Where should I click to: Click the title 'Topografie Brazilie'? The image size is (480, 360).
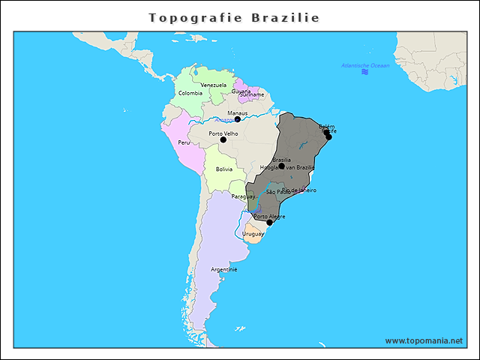(x=234, y=17)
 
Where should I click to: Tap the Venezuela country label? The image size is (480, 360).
(x=213, y=85)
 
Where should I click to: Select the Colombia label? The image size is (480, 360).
(x=190, y=93)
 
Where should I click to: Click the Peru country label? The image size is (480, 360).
(x=184, y=142)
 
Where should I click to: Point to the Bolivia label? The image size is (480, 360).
(x=224, y=169)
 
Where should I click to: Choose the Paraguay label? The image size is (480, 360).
(x=243, y=196)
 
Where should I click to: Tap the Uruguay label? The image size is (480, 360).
(x=253, y=233)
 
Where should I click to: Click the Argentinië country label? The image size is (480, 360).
(x=224, y=268)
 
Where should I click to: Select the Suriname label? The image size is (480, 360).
(x=252, y=95)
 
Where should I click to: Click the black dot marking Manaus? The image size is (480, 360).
(x=238, y=119)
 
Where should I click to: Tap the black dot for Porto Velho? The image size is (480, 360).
(x=223, y=139)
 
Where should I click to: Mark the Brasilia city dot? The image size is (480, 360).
(x=281, y=166)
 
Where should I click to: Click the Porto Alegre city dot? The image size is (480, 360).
(x=270, y=222)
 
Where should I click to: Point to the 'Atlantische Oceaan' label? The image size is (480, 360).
(x=365, y=65)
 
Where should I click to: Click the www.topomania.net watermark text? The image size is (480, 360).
(x=424, y=340)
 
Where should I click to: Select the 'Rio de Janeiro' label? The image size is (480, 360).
(x=298, y=190)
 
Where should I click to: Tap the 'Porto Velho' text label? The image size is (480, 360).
(x=223, y=133)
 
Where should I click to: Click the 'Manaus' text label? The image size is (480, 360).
(x=238, y=112)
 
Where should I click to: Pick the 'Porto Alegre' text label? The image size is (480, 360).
(x=269, y=216)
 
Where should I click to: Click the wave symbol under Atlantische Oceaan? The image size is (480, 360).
(x=365, y=72)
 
